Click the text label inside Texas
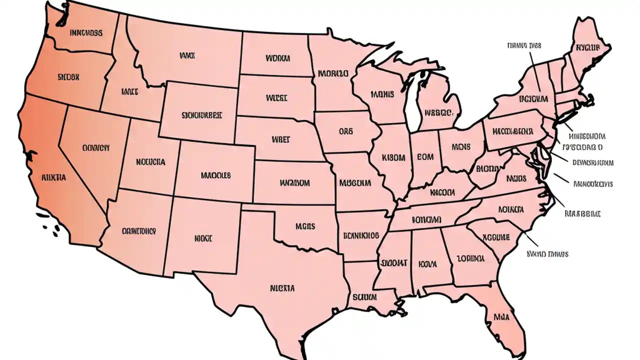point(282,288)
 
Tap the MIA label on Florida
point(501,316)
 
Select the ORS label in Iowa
point(345,131)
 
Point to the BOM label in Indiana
point(425,156)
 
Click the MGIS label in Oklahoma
point(304,226)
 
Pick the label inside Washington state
point(86,33)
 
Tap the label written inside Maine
point(587,48)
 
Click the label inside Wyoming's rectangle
point(201,114)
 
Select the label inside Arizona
point(138,231)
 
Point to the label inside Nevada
point(95,148)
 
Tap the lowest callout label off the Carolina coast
point(547,254)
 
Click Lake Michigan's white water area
point(412,102)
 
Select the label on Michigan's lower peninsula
point(438,112)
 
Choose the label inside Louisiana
point(364,296)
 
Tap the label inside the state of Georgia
point(470,259)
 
